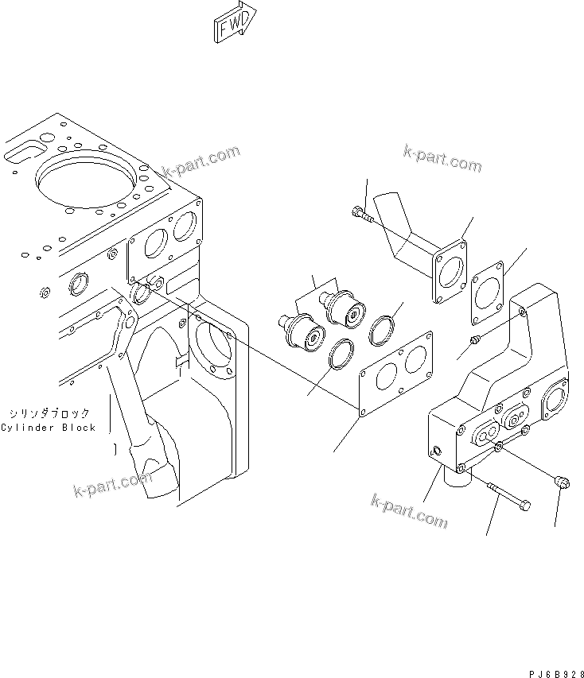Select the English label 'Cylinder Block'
tap(48, 428)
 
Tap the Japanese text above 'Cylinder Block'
tap(49, 414)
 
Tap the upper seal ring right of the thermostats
tap(384, 327)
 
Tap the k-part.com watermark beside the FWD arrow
tap(201, 162)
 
